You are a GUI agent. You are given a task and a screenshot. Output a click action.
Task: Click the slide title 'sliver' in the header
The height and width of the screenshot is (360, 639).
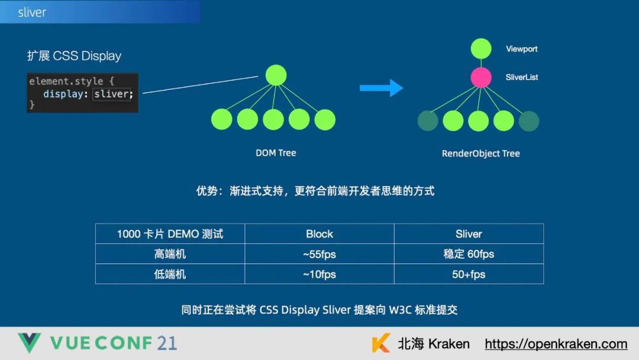(x=32, y=12)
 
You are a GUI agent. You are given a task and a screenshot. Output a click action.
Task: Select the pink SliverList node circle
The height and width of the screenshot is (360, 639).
(x=481, y=77)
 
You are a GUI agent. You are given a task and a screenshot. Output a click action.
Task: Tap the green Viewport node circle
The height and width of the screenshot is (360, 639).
(x=481, y=49)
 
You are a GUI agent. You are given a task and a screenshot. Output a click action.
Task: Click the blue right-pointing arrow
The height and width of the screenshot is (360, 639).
(x=381, y=89)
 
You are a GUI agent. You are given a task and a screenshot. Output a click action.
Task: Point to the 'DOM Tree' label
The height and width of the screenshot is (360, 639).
(x=276, y=153)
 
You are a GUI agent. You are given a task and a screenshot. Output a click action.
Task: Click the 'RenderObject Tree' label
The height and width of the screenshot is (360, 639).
(x=480, y=153)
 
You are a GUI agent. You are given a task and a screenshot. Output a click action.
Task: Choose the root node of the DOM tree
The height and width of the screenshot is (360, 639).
(x=276, y=75)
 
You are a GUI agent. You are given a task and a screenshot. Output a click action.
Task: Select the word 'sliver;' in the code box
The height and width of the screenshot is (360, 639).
(x=112, y=94)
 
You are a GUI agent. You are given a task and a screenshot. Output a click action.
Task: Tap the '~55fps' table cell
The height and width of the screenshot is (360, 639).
(x=319, y=254)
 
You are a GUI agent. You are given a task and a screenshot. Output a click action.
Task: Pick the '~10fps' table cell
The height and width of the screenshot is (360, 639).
(x=319, y=274)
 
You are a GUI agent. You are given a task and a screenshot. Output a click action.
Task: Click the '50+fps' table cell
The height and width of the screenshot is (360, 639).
(x=469, y=274)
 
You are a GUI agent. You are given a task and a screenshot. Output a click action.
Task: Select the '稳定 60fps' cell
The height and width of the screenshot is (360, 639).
(x=469, y=254)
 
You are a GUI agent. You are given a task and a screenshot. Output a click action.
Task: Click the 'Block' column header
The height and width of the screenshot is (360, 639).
(x=319, y=234)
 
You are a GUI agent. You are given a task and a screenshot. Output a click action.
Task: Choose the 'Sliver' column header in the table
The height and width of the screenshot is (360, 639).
(x=469, y=234)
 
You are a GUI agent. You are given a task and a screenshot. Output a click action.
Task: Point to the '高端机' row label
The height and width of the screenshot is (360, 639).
(x=170, y=254)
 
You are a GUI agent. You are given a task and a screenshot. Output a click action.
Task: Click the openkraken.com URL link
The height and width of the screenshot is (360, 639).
(x=556, y=344)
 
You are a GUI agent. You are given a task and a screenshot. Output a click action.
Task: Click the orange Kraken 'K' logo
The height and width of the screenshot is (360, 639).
(x=381, y=343)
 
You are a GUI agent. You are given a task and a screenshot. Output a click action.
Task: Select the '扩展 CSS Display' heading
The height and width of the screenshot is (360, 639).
(x=74, y=56)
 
